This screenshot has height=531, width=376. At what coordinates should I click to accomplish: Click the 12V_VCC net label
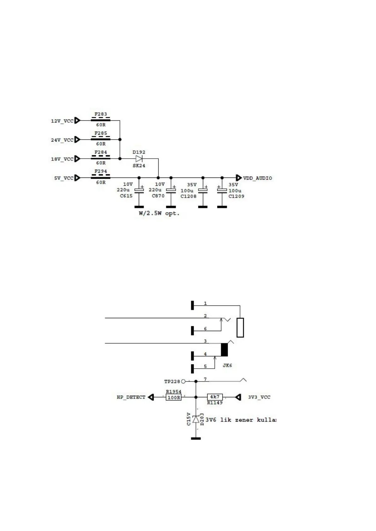(x=62, y=121)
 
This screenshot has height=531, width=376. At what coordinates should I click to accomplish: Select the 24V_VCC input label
(x=62, y=140)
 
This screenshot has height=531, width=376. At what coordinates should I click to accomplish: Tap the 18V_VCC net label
(x=62, y=159)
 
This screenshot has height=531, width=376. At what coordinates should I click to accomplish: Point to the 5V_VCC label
(x=64, y=178)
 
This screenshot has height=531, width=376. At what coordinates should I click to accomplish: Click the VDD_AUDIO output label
(x=257, y=178)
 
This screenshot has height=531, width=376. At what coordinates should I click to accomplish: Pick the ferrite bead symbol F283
(x=101, y=120)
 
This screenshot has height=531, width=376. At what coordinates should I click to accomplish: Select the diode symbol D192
(x=139, y=159)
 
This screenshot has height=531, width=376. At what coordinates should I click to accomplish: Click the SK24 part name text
(x=139, y=166)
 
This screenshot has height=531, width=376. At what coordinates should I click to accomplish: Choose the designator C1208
(x=188, y=196)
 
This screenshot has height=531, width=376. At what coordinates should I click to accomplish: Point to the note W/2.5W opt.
(x=159, y=213)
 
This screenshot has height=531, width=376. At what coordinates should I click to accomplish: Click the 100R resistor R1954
(x=173, y=398)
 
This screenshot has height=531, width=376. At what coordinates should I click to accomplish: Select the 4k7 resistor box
(x=215, y=397)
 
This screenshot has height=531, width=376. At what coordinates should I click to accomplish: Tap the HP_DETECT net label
(x=131, y=397)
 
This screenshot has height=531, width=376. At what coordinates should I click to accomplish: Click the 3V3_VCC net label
(x=259, y=397)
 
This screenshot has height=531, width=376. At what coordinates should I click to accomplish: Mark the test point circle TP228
(x=183, y=381)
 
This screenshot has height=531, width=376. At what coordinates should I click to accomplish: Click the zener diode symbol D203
(x=196, y=419)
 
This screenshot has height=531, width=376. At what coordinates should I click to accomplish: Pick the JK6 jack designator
(x=227, y=365)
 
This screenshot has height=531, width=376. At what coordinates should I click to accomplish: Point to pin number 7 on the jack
(x=205, y=379)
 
